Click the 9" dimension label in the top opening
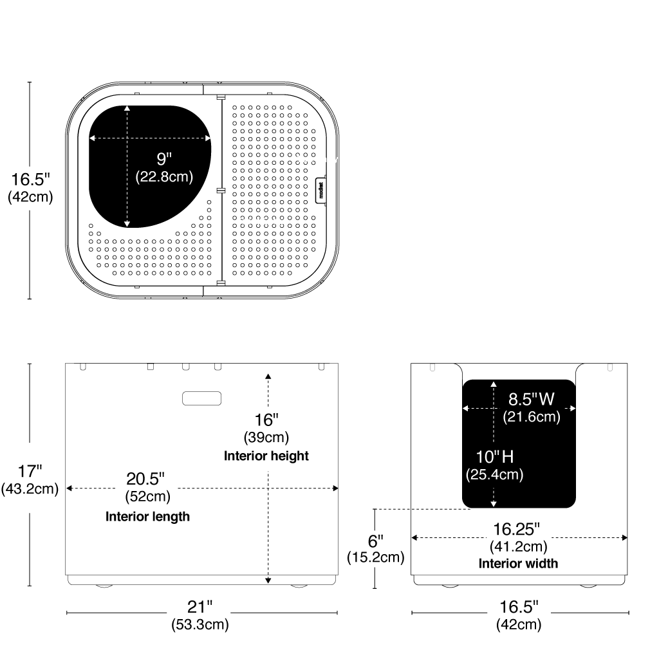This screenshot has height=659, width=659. coord(164,158)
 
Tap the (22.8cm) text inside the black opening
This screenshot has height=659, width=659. coord(164,176)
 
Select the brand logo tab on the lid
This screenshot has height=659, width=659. coord(321,191)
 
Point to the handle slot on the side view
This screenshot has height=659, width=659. coord(201,398)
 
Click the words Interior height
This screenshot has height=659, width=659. coord(266,456)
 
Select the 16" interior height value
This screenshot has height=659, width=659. coord(266,420)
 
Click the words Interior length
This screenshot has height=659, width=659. coord(147,516)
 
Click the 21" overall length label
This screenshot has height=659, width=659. coord(200,606)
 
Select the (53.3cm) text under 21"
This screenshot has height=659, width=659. coord(200,624)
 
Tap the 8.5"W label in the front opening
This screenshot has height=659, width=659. coord(532,399)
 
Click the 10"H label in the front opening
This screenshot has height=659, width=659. coord(494,457)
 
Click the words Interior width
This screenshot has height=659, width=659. coord(518,563)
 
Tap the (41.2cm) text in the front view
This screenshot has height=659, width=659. coord(518,546)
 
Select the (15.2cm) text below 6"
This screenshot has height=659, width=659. coord(375,557)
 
